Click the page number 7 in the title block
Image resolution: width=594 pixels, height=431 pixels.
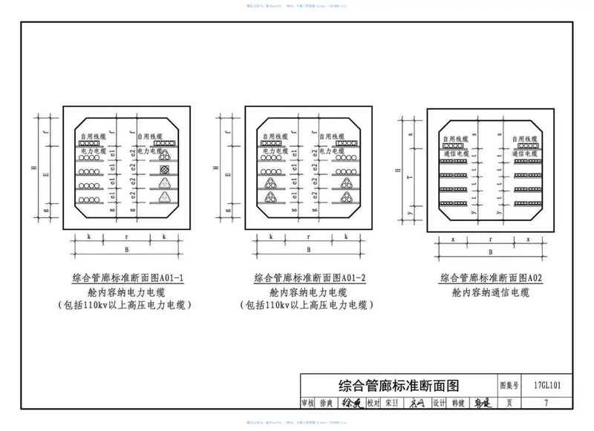point(546,403)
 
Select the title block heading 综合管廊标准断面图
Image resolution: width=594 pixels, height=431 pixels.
point(399,385)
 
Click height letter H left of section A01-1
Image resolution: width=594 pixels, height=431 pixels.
point(35,167)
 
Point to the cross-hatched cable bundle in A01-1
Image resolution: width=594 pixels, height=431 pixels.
point(163,183)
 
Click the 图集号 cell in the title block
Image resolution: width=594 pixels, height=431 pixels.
point(508,385)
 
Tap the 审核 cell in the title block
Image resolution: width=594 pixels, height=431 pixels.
point(308,403)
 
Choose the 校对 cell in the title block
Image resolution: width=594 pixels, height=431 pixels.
point(373,403)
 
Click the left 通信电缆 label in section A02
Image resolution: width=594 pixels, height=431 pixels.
point(454,153)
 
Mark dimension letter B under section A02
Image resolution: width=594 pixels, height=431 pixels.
point(490,252)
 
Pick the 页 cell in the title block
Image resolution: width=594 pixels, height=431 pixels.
point(508,403)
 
